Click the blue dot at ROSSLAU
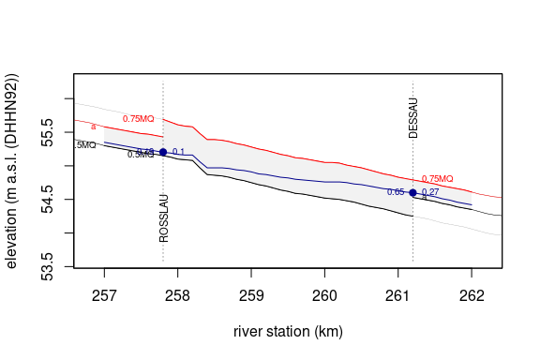click(163, 152)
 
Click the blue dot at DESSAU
click(412, 192)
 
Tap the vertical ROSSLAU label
click(164, 217)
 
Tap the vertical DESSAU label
click(413, 116)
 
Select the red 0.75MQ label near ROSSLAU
click(138, 119)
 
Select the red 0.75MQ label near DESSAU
click(437, 178)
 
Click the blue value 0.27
click(430, 192)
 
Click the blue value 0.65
click(395, 192)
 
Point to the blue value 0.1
click(178, 152)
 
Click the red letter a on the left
click(94, 127)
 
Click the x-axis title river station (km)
click(288, 332)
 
